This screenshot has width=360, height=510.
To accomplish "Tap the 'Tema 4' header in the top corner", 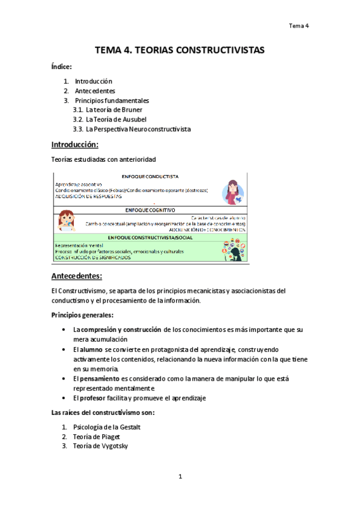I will point(298,26).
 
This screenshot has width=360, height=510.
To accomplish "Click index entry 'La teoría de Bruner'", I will point(114,110).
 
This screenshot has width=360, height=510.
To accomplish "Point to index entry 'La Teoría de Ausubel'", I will point(116,120).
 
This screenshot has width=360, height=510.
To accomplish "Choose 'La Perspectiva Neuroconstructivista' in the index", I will point(138,129).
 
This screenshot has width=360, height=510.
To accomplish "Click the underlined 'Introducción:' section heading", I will point(75,145).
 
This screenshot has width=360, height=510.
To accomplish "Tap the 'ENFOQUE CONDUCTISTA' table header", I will point(150,177).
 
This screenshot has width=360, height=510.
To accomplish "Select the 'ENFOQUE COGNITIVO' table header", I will point(150,210).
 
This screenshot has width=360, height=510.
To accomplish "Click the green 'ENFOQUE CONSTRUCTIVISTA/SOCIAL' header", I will point(151,238).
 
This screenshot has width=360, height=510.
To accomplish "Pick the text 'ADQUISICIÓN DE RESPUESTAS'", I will point(88,196).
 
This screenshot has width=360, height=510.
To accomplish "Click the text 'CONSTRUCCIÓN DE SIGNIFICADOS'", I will point(93,258).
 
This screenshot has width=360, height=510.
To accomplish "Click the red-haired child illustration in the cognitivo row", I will point(66,221).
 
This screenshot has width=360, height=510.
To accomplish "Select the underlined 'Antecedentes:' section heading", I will point(77,277).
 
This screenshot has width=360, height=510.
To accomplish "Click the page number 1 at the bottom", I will point(180,477).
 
